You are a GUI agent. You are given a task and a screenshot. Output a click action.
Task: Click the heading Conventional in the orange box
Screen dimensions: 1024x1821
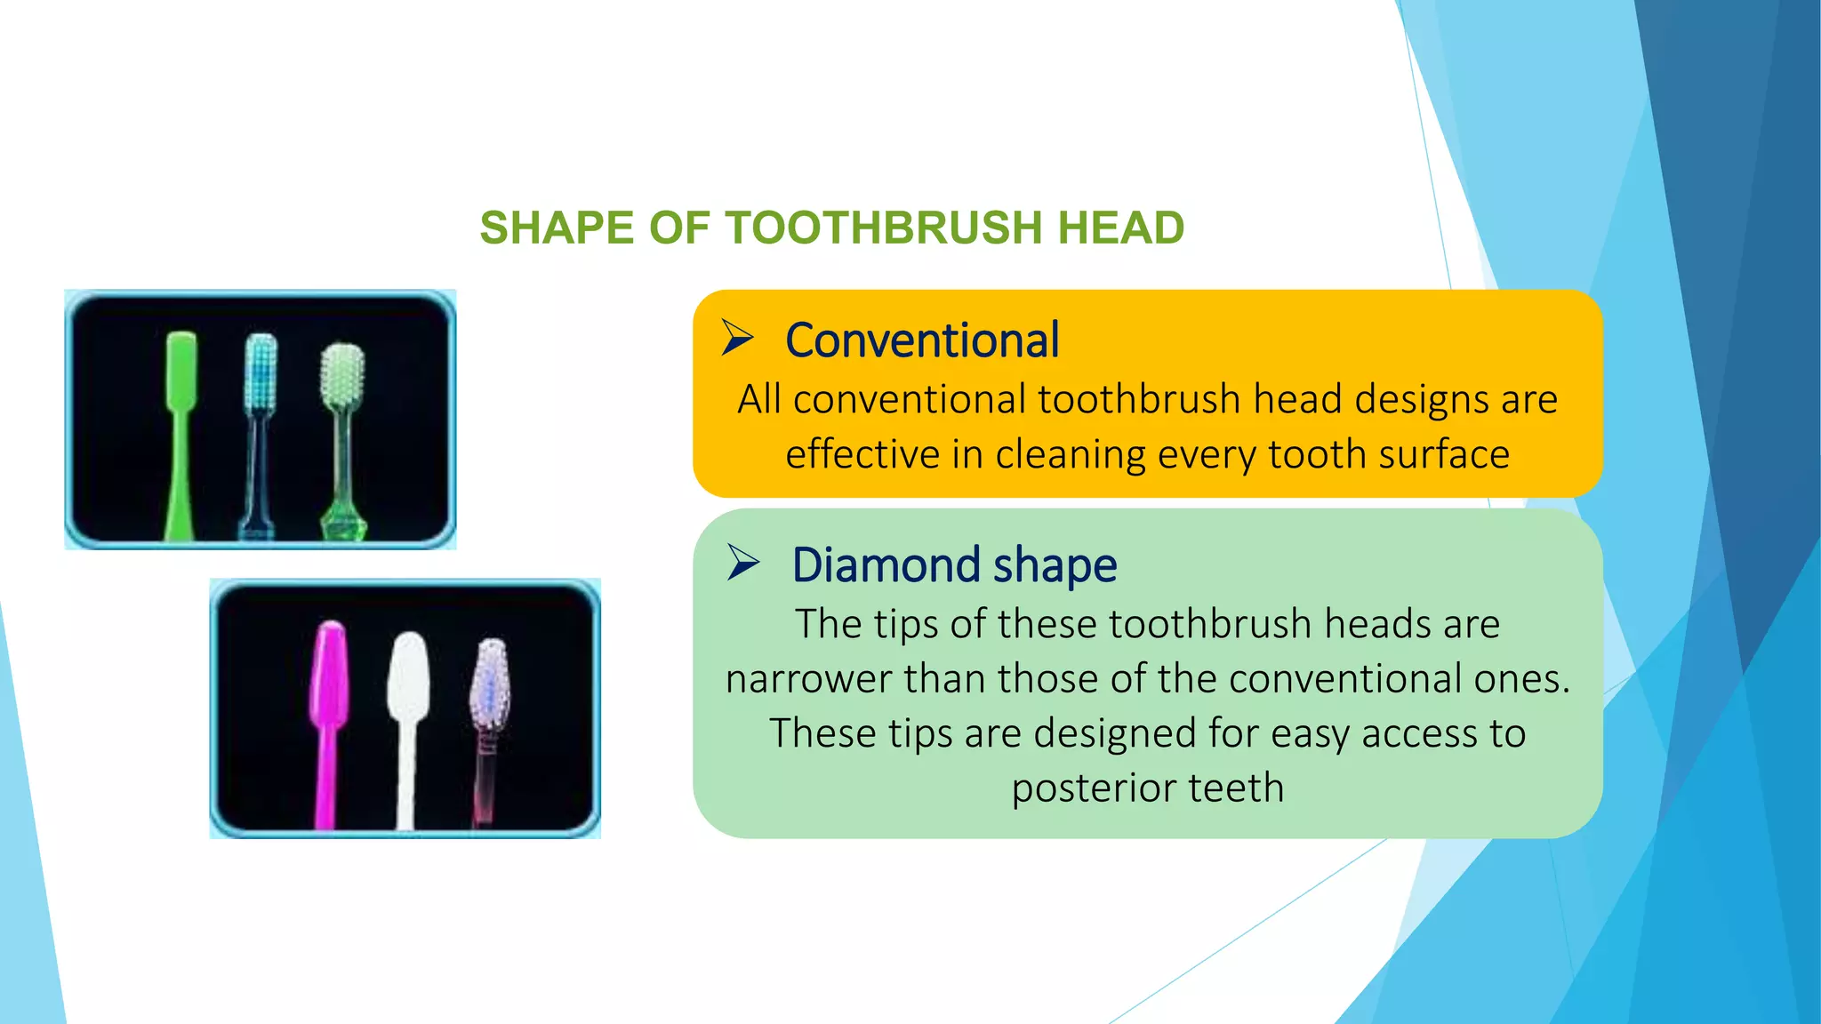922,340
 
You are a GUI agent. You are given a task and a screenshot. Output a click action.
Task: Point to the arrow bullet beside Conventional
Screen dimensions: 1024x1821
737,338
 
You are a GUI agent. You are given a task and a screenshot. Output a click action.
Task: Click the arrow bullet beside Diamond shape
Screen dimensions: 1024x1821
743,563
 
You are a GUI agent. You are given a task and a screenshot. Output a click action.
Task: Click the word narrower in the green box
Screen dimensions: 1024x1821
808,679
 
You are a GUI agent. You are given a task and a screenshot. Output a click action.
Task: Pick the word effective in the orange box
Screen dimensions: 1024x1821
862,454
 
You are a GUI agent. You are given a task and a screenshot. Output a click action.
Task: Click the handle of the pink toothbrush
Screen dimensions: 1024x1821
326,782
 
